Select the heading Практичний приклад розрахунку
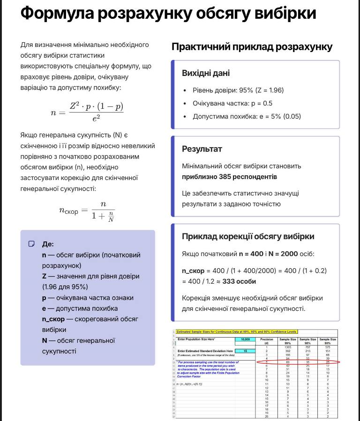[252, 47]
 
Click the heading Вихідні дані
[206, 74]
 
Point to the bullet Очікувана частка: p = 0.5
[232, 103]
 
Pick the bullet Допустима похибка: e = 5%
[247, 116]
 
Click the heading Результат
[202, 149]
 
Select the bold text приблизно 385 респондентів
[229, 177]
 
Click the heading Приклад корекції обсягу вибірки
[248, 237]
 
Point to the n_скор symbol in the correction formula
[68, 210]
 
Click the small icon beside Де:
[32, 244]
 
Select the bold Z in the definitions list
[45, 276]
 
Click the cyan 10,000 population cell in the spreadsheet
[245, 339]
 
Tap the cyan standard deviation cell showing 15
[245, 351]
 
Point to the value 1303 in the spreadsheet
[288, 347]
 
